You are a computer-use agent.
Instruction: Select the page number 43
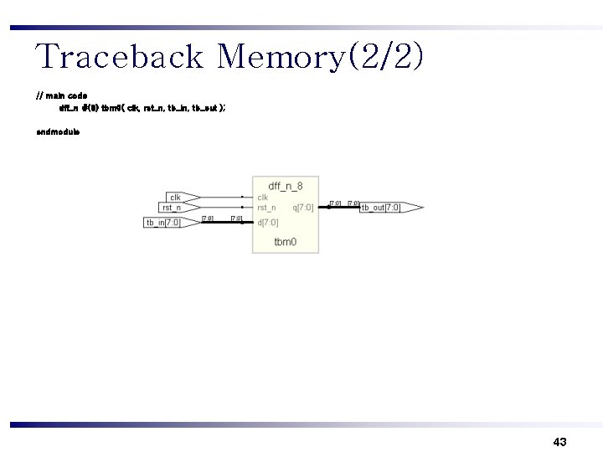[x=560, y=441]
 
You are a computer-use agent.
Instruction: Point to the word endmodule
[x=58, y=131]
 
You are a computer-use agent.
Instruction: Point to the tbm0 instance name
[x=285, y=243]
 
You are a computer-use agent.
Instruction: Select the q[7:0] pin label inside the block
[x=302, y=208]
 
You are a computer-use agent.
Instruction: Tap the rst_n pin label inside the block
[x=266, y=208]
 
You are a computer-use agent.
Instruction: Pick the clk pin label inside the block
[x=262, y=198]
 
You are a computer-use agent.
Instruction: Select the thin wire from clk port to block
[x=222, y=198]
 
